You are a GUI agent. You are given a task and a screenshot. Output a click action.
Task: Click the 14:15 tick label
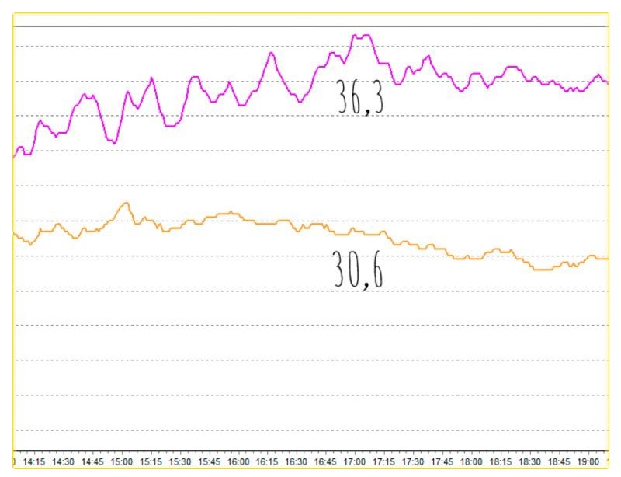coord(34,461)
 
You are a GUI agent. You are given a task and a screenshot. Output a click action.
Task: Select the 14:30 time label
coord(64,461)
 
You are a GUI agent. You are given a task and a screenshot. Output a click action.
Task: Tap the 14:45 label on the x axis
coord(92,461)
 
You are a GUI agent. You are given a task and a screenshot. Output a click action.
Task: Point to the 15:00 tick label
coord(122,461)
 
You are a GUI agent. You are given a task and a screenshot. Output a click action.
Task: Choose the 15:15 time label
coord(151,461)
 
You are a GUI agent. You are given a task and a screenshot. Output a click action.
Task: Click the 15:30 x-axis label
coord(180,461)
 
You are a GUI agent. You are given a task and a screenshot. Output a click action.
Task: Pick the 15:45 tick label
coord(209,461)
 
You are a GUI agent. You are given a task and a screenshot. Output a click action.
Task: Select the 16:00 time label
coord(238,461)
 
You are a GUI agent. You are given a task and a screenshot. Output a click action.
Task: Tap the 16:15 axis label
coord(267,461)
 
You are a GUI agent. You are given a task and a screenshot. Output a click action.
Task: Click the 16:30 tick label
coord(297,461)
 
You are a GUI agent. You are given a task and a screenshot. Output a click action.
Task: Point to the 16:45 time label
coord(325,461)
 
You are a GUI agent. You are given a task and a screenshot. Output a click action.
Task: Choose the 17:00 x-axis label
coord(355,461)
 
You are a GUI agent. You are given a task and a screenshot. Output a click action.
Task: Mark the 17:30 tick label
coord(413,461)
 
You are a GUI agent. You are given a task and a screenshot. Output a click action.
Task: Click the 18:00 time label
coord(471,461)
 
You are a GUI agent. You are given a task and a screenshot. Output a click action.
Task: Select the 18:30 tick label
coord(529,461)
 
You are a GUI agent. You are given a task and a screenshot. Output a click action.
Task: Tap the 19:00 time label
coord(588,461)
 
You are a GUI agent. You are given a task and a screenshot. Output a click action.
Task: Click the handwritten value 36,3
coord(361,98)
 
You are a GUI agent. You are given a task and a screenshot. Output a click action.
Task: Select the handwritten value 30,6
coord(359,270)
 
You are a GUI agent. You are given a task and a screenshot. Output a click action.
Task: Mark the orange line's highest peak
coord(125,203)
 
